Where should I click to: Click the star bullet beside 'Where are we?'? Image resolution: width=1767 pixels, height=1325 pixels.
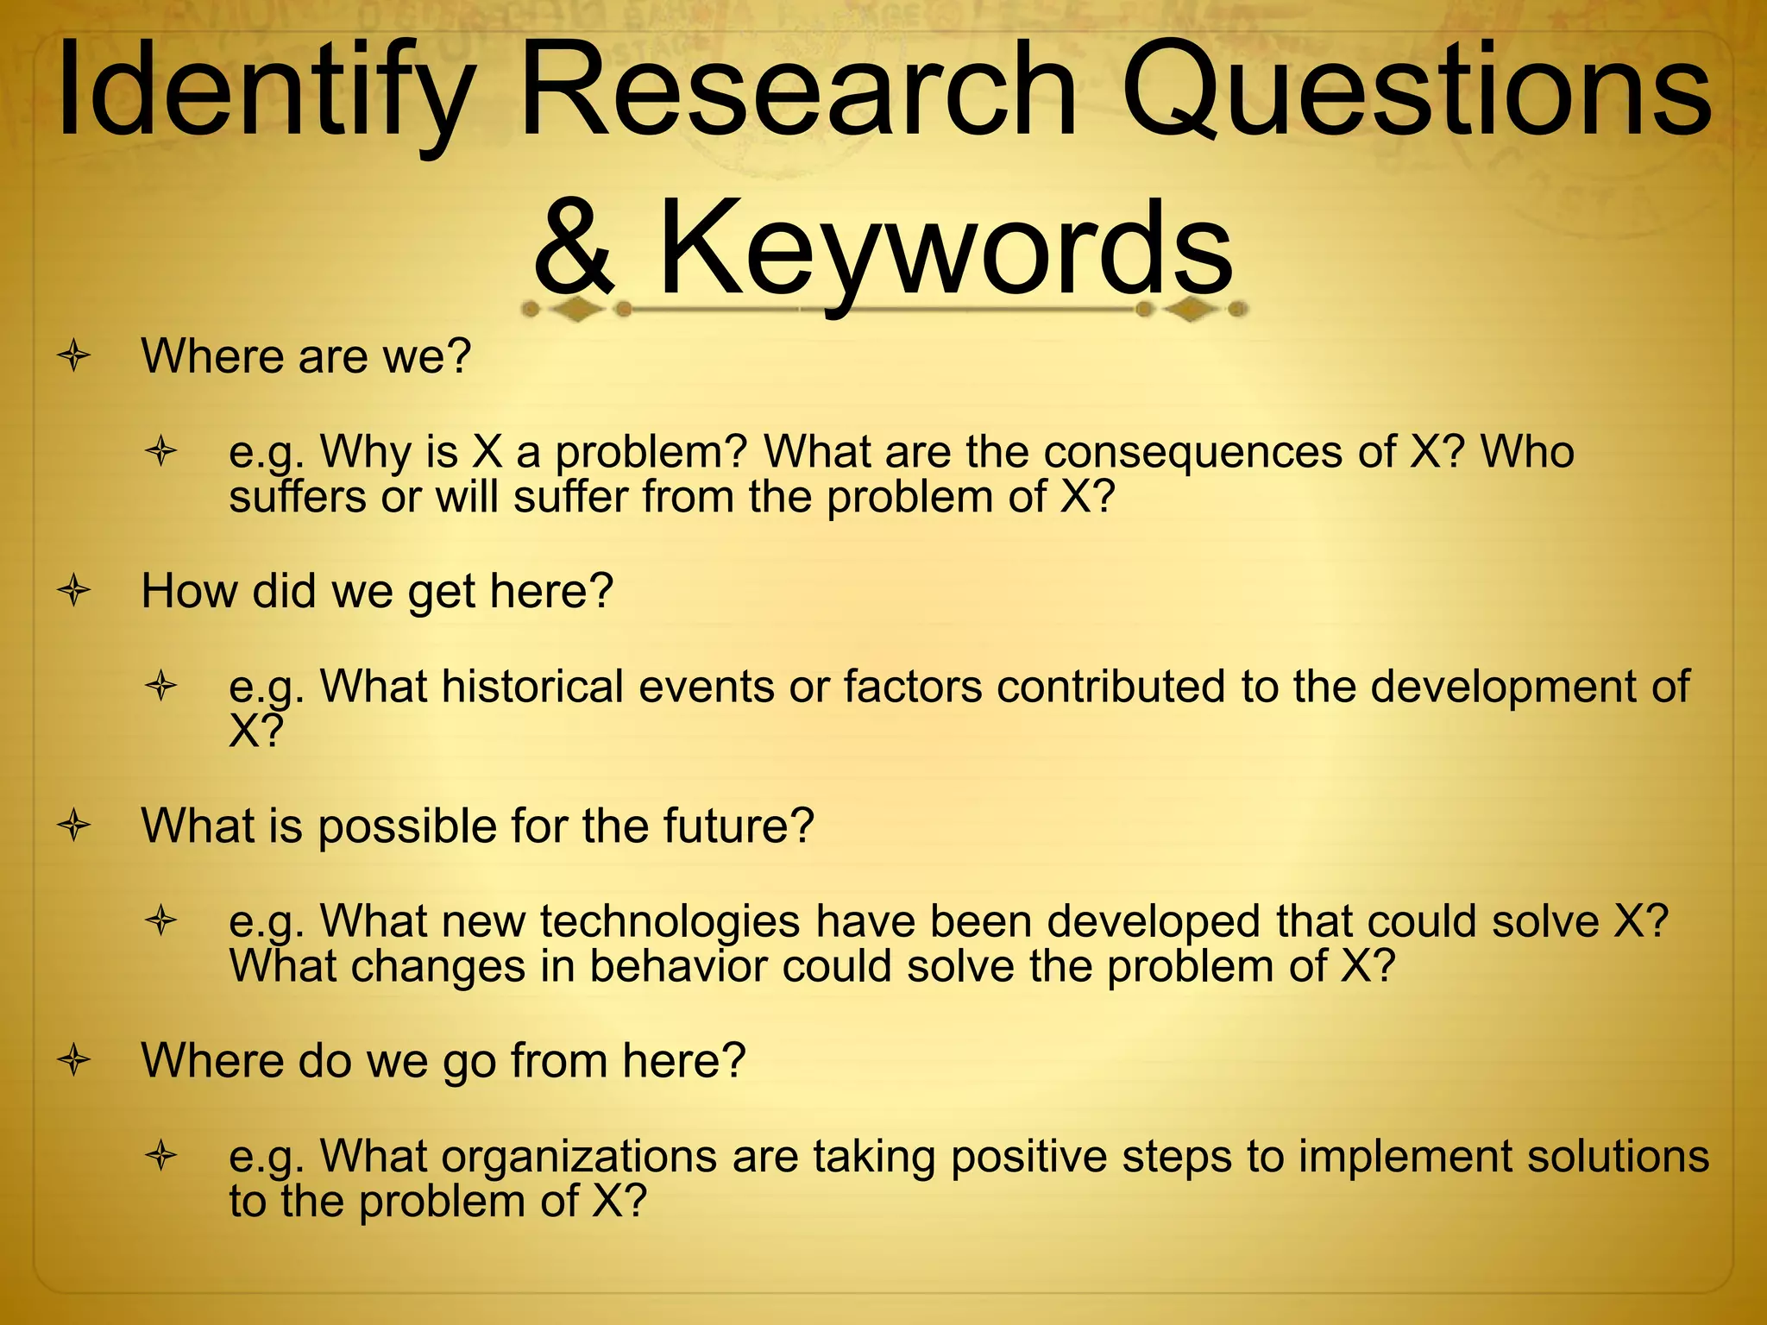(x=75, y=356)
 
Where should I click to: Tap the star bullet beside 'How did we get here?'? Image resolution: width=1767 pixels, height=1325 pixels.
(x=75, y=591)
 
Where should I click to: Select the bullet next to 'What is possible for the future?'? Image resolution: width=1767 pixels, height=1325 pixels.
(x=75, y=826)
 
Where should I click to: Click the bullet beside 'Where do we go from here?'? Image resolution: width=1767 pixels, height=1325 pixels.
(x=75, y=1060)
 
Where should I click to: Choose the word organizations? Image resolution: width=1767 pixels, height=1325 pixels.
(x=579, y=1157)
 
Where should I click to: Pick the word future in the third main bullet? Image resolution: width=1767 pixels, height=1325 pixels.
(x=738, y=826)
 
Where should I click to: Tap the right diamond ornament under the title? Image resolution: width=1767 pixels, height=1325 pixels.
(x=1192, y=309)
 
